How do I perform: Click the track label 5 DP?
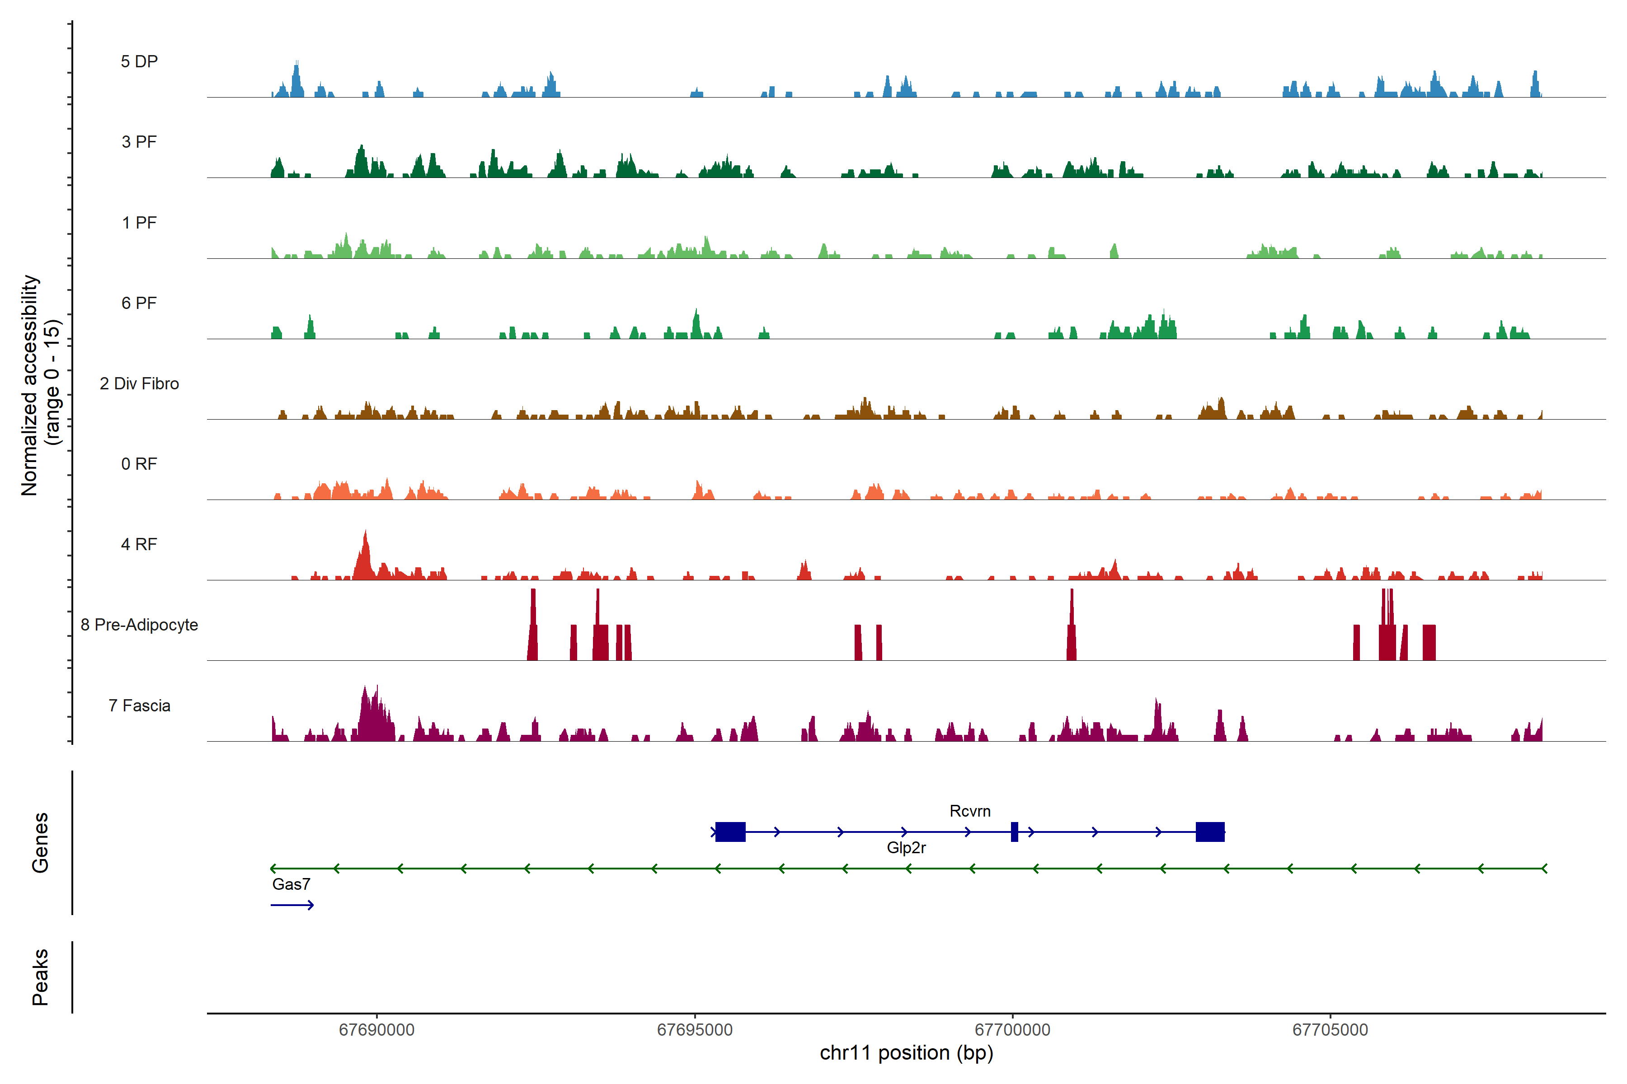[x=139, y=61]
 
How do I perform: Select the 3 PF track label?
[x=139, y=142]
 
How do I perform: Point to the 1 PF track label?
[x=139, y=223]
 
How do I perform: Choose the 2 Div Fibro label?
[x=139, y=383]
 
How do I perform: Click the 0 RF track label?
[x=139, y=464]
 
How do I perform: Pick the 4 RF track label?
[x=139, y=544]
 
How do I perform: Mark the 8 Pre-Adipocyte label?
[x=139, y=625]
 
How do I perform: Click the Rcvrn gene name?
[x=970, y=811]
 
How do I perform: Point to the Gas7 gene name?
[x=291, y=884]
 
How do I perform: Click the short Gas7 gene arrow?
[x=292, y=905]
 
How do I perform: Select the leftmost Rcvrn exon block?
[x=730, y=832]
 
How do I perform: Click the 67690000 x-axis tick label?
[x=376, y=1030]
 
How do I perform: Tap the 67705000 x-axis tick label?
[x=1330, y=1030]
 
